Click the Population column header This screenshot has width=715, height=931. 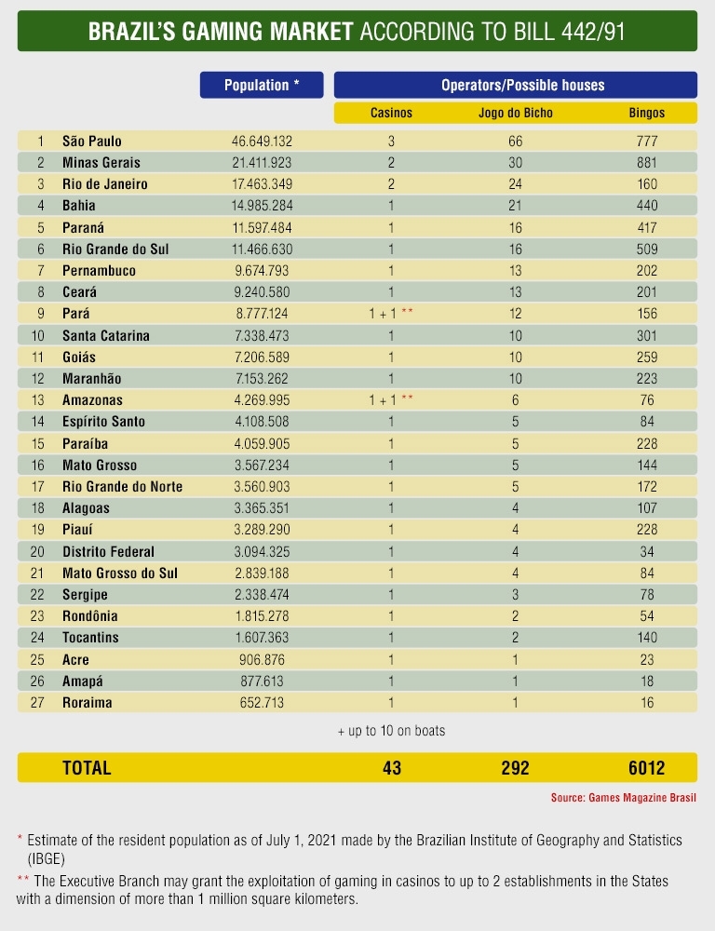(262, 85)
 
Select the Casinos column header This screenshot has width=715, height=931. (391, 113)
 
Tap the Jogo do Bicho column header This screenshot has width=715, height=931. (515, 113)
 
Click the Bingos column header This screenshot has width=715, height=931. (647, 113)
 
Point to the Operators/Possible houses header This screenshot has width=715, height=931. (515, 85)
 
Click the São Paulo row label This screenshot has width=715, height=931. (91, 142)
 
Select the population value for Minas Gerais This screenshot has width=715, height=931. (262, 163)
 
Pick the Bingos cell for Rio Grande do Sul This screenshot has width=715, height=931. (647, 250)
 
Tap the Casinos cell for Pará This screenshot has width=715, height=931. (391, 314)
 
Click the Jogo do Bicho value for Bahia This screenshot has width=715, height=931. (515, 206)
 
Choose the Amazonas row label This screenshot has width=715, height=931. (92, 400)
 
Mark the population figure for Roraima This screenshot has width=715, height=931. (262, 703)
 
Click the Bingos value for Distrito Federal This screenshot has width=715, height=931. (647, 551)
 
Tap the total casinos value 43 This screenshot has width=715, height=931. (391, 768)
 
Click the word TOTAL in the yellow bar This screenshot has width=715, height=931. (87, 768)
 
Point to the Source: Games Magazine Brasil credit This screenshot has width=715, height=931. (623, 798)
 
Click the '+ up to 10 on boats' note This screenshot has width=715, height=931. (391, 731)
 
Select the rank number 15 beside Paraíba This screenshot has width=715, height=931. (39, 443)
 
